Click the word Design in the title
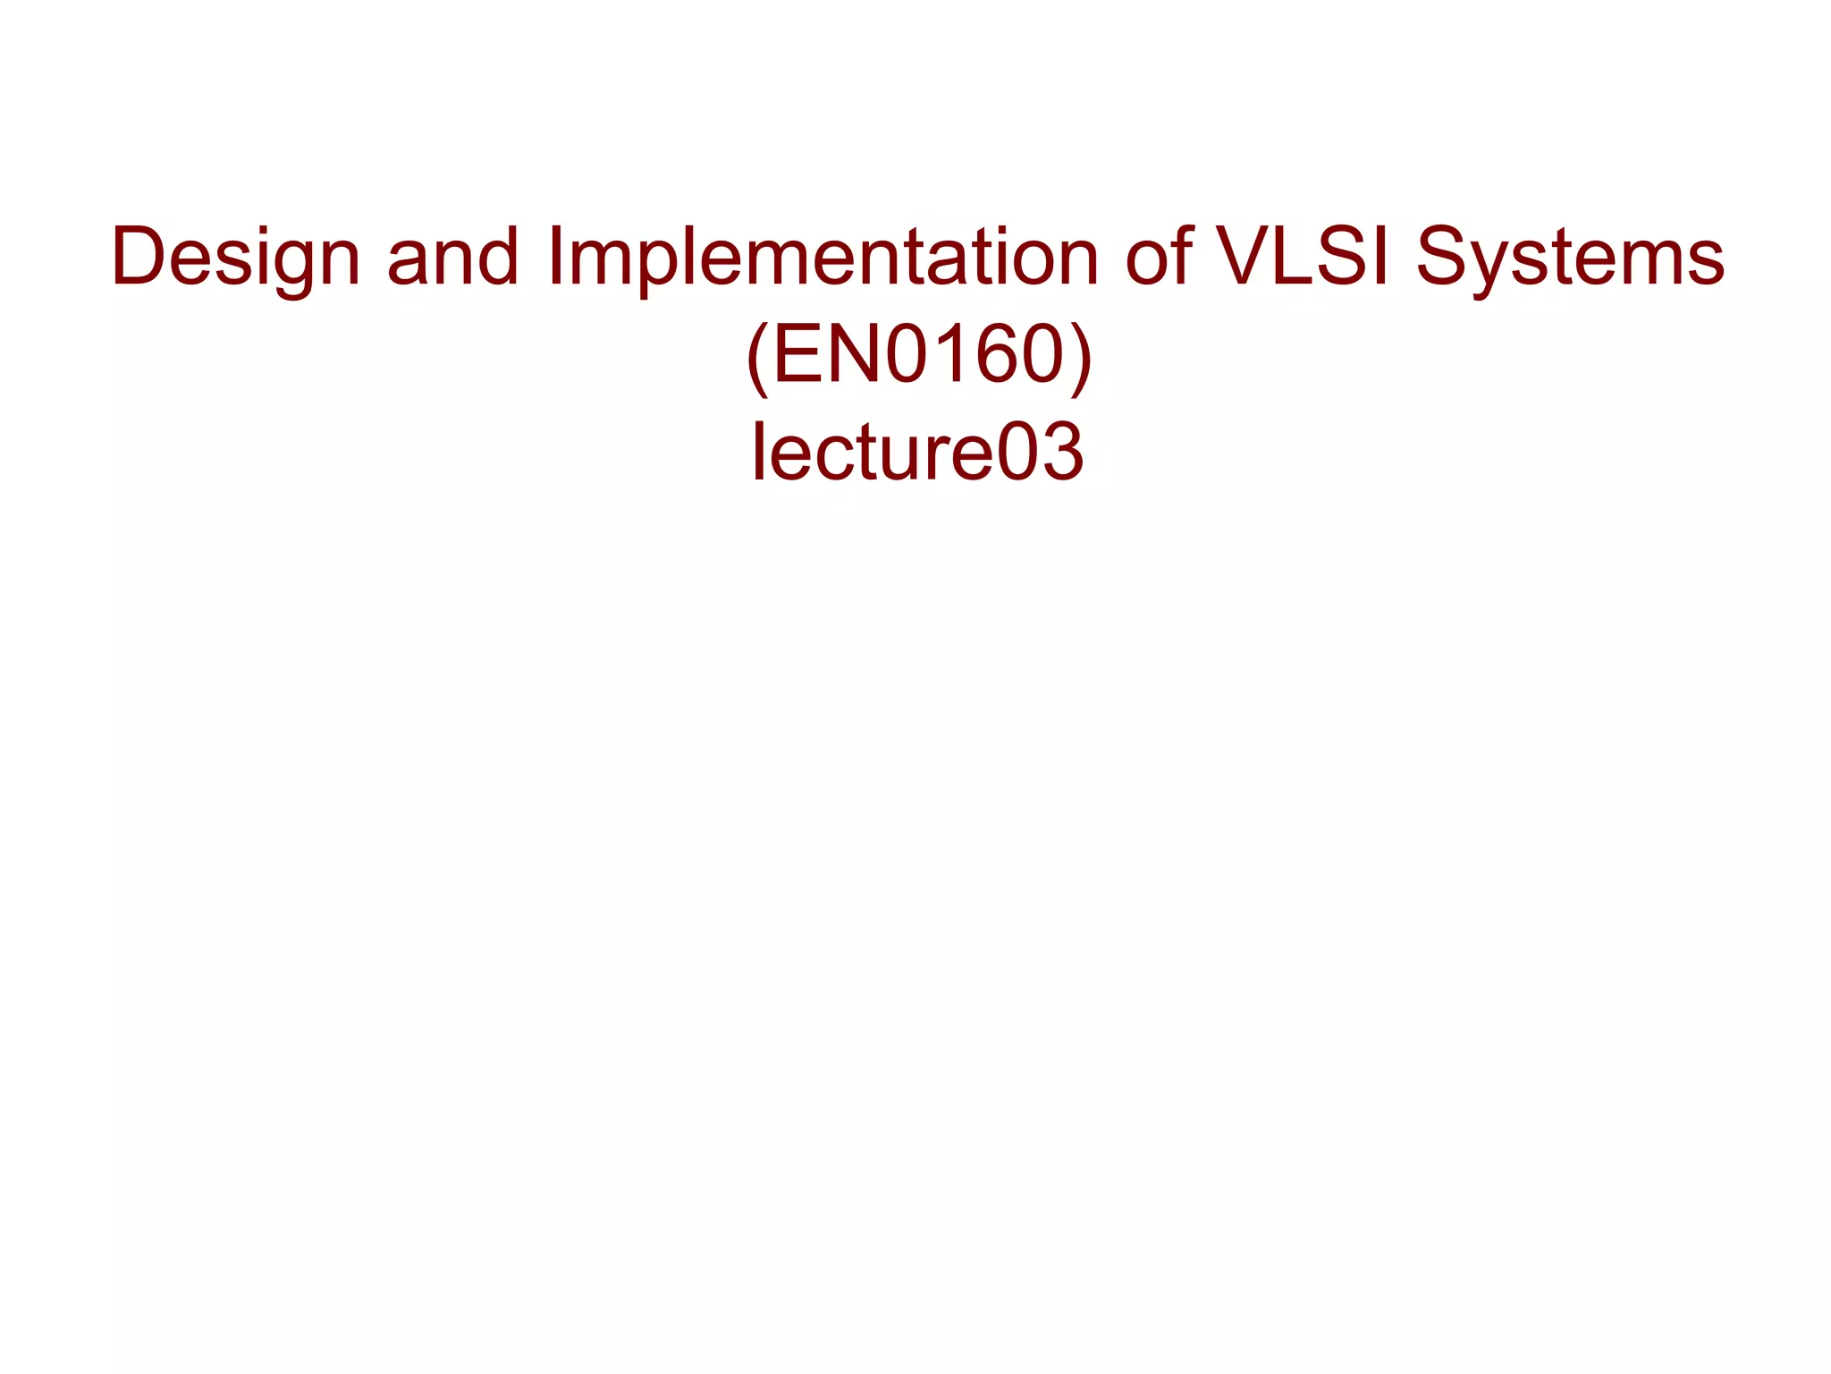tap(235, 258)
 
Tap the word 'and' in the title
tap(452, 258)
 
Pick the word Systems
tap(1570, 258)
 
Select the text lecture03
tap(917, 452)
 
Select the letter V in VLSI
tap(1245, 258)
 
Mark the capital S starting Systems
tap(1445, 258)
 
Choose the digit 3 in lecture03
tap(1061, 452)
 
